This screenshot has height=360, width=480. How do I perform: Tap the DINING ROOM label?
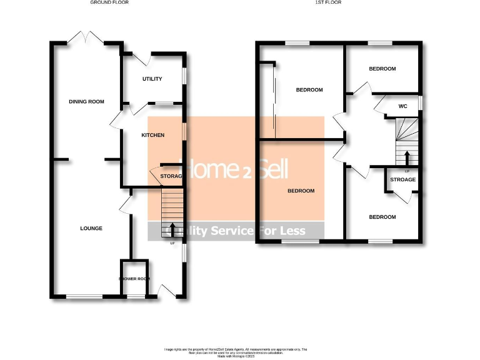coord(86,101)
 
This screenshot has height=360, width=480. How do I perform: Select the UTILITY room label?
coord(152,79)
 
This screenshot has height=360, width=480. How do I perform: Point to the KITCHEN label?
coord(152,136)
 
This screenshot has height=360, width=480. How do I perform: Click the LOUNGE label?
coord(91,228)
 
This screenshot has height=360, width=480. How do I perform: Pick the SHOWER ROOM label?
coord(135,279)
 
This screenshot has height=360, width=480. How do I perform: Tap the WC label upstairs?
coord(403,106)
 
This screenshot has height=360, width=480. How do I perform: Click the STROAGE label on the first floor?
coord(402,180)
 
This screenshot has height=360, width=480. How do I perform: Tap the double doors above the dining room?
coord(86,37)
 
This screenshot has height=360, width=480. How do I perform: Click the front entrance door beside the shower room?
coord(167,291)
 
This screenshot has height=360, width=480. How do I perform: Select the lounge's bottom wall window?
coord(85,296)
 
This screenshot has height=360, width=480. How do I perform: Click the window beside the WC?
coord(420,102)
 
